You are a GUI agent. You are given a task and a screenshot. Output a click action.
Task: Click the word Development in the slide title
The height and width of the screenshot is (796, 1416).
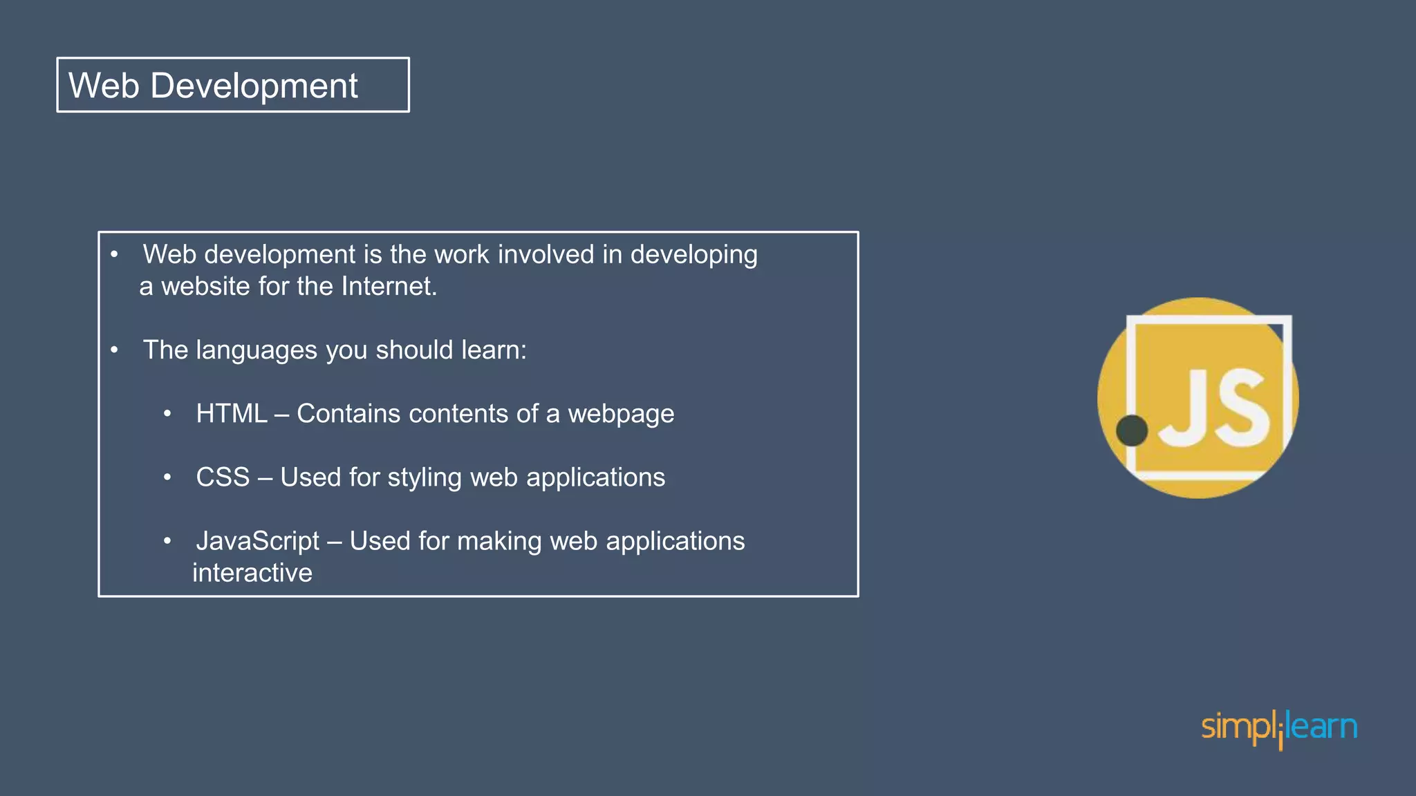[254, 86]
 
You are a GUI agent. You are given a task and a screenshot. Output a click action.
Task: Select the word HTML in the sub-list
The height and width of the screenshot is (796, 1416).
[231, 413]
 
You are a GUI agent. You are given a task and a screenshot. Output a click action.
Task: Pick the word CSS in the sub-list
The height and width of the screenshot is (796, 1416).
[223, 477]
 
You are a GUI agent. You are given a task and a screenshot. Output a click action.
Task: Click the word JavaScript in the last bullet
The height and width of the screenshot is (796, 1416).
[258, 541]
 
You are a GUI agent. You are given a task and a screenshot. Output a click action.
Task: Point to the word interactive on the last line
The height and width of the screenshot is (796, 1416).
[252, 573]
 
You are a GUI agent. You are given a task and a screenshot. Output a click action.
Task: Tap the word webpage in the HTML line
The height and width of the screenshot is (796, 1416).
[621, 414]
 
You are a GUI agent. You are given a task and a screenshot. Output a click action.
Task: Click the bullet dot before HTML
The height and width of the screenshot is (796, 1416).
[167, 414]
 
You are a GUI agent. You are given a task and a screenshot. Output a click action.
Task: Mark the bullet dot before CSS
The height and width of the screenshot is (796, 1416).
[167, 477]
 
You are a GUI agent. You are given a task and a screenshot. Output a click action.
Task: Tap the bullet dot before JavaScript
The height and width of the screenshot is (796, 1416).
[167, 541]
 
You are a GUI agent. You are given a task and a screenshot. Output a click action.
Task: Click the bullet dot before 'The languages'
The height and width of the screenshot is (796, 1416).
[114, 350]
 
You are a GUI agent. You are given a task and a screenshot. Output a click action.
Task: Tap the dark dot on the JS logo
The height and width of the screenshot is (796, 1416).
[1132, 430]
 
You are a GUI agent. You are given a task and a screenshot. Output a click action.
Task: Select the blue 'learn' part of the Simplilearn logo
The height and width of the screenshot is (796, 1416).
[1322, 727]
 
